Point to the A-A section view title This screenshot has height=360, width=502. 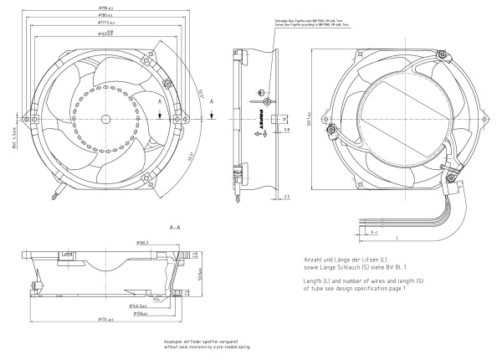175,227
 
